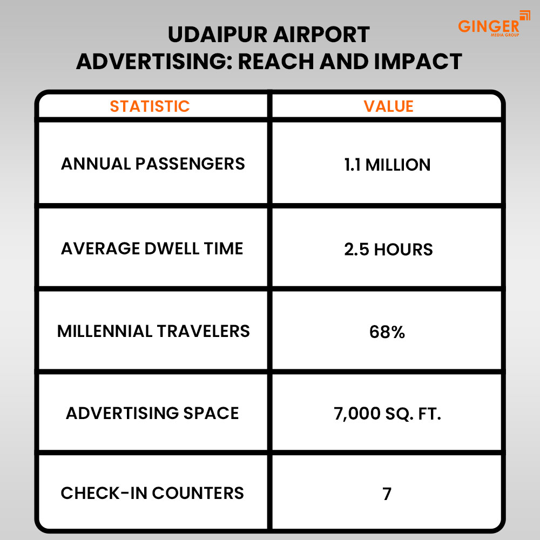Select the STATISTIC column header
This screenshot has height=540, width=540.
coord(150,106)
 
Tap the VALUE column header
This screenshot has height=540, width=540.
coord(388,106)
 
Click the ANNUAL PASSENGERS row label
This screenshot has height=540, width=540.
coord(153,164)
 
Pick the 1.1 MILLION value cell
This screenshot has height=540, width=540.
coord(387,165)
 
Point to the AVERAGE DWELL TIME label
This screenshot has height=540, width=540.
coord(152,248)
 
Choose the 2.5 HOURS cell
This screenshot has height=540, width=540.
coord(388,249)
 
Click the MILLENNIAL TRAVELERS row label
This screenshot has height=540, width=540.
coord(153,330)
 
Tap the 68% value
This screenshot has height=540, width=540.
coord(387,332)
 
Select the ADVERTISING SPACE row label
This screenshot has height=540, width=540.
coord(152,413)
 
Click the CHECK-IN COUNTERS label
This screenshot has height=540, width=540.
coord(152,493)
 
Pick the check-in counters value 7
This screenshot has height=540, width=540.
coord(387,494)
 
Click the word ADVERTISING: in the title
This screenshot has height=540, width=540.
coord(154,62)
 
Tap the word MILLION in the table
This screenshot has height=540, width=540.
coord(398,165)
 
